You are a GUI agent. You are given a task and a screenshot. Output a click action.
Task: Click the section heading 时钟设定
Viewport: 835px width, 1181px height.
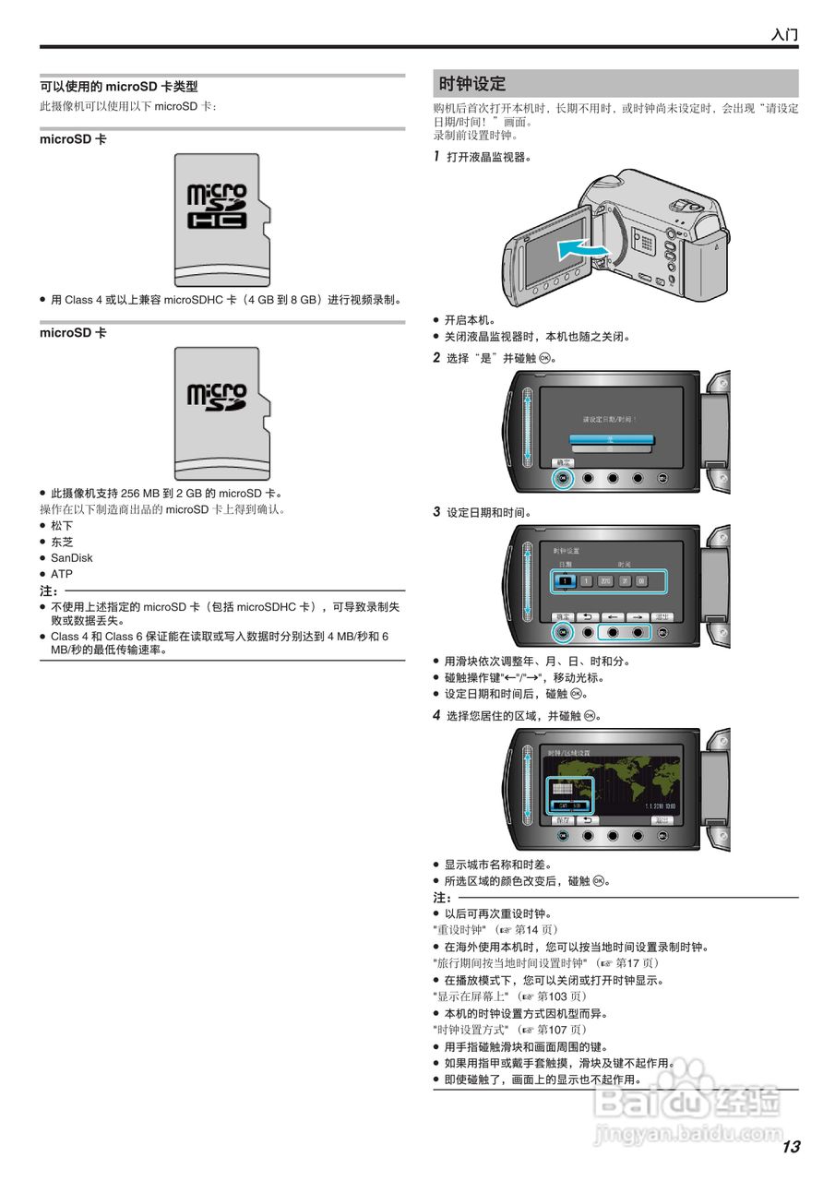click(472, 84)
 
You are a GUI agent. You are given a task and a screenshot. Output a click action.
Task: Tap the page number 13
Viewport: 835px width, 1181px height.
click(791, 1147)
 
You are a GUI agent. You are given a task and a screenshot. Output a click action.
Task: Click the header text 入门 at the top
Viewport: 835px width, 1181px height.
click(784, 35)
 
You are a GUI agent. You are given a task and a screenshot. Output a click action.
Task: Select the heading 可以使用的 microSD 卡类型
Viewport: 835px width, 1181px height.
click(119, 87)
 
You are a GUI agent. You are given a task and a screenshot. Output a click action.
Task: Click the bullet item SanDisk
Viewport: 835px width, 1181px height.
click(71, 558)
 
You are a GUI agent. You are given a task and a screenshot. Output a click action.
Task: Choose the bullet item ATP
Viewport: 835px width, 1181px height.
click(62, 574)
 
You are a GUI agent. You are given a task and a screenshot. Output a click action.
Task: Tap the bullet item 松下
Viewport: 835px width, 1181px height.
click(62, 526)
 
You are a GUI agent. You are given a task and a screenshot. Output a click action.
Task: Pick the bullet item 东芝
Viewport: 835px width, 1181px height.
click(62, 542)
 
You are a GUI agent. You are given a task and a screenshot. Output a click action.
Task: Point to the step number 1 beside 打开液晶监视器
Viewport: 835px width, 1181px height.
click(437, 157)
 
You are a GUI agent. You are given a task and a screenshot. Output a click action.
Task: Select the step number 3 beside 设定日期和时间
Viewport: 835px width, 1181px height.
click(437, 511)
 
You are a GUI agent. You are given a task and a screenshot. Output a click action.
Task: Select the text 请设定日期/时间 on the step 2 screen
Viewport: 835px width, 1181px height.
click(610, 419)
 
